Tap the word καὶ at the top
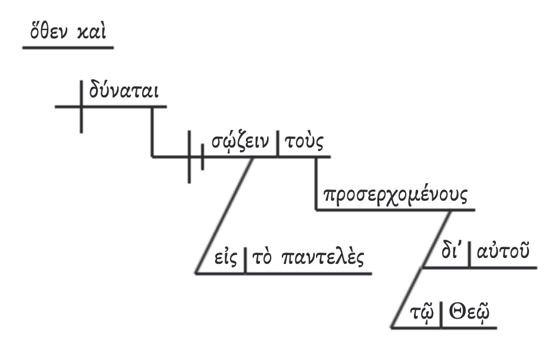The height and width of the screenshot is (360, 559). pos(93,31)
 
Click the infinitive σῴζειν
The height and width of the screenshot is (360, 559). pos(240,143)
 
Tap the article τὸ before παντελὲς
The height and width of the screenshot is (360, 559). pos(262,260)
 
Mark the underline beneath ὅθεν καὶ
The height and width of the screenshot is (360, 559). pos(67,47)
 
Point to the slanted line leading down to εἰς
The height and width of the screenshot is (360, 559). pos(224,215)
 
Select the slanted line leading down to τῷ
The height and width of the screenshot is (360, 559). pos(407,298)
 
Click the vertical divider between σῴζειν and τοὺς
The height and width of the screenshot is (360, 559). pos(278,145)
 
